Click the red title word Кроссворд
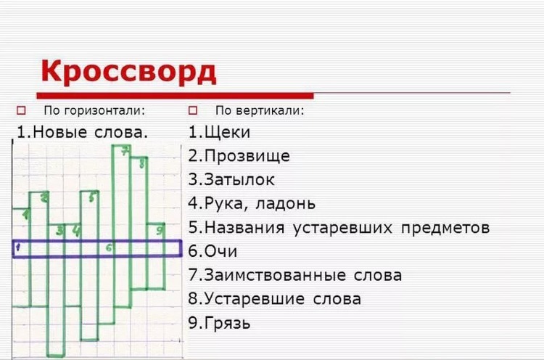tap(128, 72)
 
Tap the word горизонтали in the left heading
tap(104, 110)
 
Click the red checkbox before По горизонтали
tap(21, 110)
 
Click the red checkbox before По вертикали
tap(193, 110)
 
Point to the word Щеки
tap(227, 133)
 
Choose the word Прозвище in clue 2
tap(247, 156)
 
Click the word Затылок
tap(239, 180)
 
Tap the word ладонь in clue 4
tap(286, 203)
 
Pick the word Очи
tap(221, 251)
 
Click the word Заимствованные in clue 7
tap(275, 275)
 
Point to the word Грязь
tap(227, 323)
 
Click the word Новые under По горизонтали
tap(60, 132)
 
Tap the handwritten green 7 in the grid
tap(125, 151)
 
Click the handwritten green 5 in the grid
tap(91, 197)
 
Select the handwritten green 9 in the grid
tap(160, 230)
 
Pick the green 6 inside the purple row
tap(109, 247)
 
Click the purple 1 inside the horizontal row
tap(18, 247)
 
